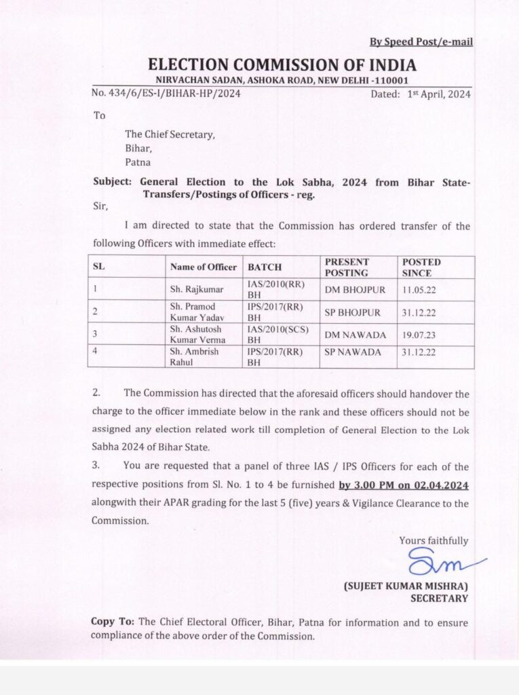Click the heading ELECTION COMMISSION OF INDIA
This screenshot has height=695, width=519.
coord(282,65)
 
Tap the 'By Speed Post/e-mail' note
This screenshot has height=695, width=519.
coord(421,42)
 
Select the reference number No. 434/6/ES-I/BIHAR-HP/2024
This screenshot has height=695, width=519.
coord(166,94)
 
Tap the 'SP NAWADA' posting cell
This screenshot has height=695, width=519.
coord(353,352)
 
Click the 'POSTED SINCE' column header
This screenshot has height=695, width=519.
coord(421,267)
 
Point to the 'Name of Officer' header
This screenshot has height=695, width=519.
coord(204,267)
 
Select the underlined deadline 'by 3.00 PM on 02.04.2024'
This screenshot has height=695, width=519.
coord(404,485)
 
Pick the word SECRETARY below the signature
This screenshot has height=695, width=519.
coord(439,598)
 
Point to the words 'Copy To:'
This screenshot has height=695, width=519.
coord(113,622)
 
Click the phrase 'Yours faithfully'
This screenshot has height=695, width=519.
coord(434,540)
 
